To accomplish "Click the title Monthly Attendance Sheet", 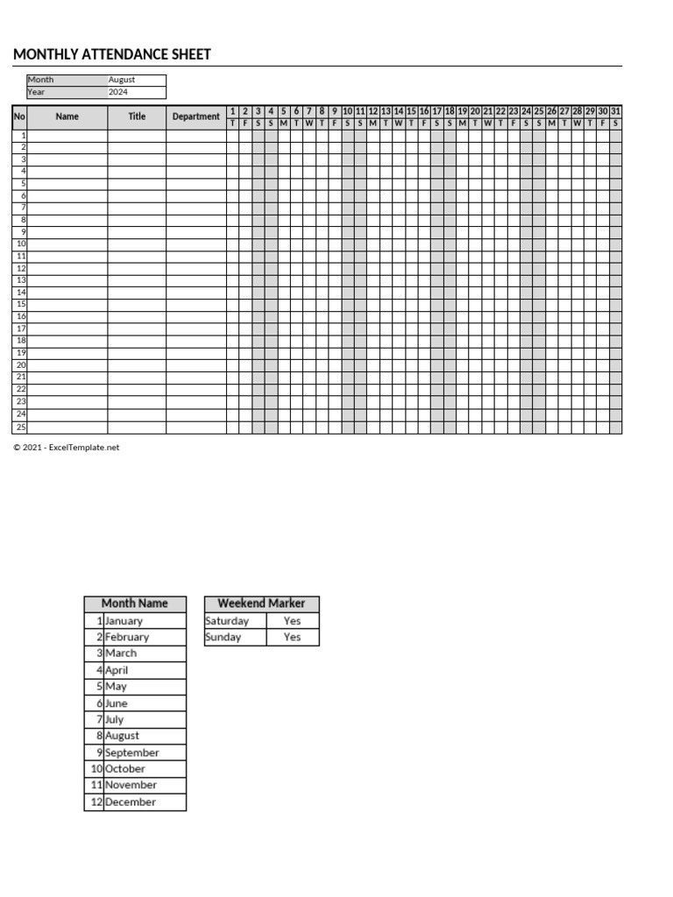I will click(x=112, y=55).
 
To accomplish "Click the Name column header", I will click(x=67, y=117).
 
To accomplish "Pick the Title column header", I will click(x=137, y=117).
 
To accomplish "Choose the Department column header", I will click(x=196, y=117).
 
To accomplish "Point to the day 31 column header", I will click(x=615, y=111).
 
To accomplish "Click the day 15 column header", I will click(x=411, y=111).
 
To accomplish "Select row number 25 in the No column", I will click(x=20, y=427).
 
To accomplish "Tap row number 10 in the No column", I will click(x=20, y=244).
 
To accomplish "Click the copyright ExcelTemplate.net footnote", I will click(x=66, y=448).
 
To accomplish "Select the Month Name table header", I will click(x=135, y=604).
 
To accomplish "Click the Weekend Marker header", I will click(x=261, y=604).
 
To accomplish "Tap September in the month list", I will click(x=131, y=752).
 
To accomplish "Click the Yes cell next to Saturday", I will click(x=292, y=621).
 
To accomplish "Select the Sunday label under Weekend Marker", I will click(x=223, y=637).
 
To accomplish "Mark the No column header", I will click(x=20, y=117).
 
